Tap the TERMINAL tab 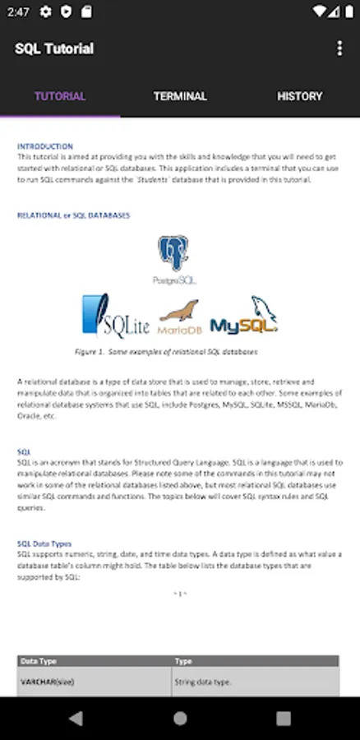180,96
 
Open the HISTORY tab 299,96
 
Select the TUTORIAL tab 60,96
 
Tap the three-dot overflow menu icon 339,49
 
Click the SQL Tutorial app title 54,49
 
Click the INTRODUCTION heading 45,146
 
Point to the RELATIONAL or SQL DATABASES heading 74,215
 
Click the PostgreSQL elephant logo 174,257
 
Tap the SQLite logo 115,316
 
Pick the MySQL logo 244,317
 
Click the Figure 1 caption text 166,351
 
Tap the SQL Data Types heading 44,543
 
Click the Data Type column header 39,661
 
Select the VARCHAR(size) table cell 48,682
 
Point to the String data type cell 203,682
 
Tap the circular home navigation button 180,718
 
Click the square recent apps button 284,718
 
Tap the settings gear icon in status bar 45,12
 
